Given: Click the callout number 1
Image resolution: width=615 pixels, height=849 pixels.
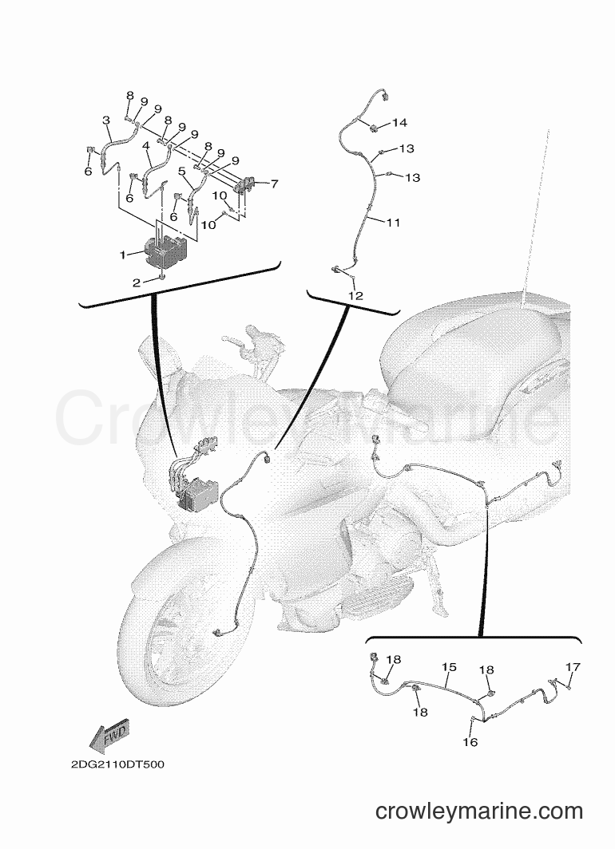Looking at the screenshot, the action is click(x=123, y=254).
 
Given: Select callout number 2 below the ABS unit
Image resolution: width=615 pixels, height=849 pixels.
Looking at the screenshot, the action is click(x=137, y=282).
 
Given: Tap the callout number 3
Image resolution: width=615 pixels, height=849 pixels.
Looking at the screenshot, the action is click(x=106, y=120).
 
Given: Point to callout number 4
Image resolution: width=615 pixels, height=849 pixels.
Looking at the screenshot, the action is click(x=145, y=146).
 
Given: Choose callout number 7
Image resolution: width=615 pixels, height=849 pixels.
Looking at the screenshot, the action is click(x=274, y=184).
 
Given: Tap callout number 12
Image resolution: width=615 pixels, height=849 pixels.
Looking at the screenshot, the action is click(x=356, y=296).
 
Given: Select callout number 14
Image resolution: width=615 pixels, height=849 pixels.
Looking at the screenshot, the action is click(x=399, y=123).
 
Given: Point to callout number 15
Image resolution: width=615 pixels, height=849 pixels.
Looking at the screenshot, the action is click(x=449, y=668).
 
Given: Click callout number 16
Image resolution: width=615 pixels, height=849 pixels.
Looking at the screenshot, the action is click(x=470, y=742).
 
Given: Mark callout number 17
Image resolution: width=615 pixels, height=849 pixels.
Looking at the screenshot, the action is click(x=573, y=667).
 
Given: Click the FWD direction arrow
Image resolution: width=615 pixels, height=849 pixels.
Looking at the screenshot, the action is click(x=110, y=737).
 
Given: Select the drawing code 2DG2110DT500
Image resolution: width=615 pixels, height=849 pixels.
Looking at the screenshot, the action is click(x=117, y=764).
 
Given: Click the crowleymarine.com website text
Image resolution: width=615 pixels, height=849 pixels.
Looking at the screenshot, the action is click(x=479, y=811).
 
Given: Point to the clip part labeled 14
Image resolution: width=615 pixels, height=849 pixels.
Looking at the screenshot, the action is click(x=374, y=128).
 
